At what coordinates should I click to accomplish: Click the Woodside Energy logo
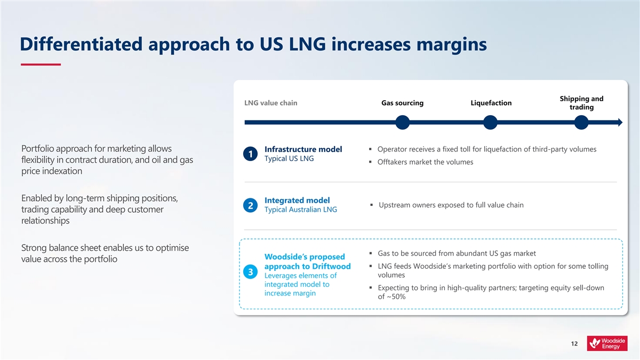(x=607, y=343)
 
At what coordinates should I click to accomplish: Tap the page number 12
(x=574, y=343)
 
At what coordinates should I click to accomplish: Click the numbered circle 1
(x=250, y=154)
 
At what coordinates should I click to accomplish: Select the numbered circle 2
(x=250, y=205)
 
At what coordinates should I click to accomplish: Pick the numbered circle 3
(x=250, y=271)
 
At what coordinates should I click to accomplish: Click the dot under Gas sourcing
(x=403, y=122)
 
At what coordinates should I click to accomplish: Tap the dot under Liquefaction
(x=490, y=122)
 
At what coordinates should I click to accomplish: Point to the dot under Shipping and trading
(x=581, y=122)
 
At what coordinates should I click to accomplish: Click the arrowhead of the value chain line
(x=620, y=122)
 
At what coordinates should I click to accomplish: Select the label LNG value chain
(x=270, y=103)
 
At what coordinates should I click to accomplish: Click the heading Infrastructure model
(x=303, y=149)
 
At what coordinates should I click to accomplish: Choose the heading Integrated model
(x=297, y=201)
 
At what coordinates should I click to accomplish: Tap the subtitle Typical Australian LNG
(x=301, y=210)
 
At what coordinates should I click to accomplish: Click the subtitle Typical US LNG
(x=289, y=158)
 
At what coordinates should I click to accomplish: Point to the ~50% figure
(x=396, y=297)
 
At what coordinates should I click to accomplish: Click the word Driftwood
(x=331, y=266)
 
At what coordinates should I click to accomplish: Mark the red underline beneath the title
(x=41, y=65)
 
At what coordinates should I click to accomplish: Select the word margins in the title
(x=452, y=45)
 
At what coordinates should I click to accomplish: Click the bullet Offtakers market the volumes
(x=425, y=162)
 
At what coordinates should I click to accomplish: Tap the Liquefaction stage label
(x=491, y=103)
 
